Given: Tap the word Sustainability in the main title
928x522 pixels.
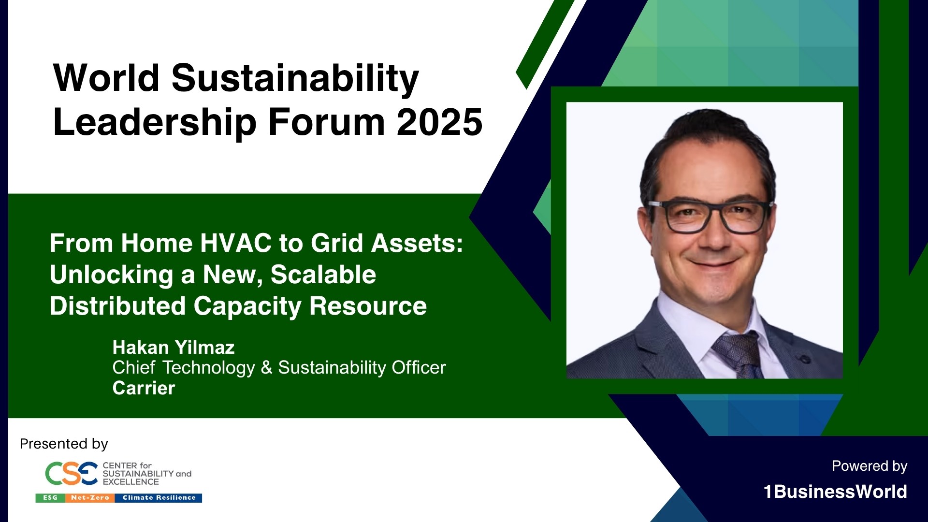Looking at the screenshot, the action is click(x=295, y=79).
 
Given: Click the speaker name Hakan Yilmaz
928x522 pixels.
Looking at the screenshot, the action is click(x=174, y=347).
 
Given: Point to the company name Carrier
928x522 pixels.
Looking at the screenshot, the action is click(x=144, y=388).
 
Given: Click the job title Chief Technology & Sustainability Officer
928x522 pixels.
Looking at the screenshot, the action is click(x=279, y=367).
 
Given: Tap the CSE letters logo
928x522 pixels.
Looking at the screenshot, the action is click(x=72, y=473).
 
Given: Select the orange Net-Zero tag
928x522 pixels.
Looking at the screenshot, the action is click(x=90, y=498).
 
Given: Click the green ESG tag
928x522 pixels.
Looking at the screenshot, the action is click(x=50, y=498).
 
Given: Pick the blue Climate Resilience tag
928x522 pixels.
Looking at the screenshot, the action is click(x=159, y=498).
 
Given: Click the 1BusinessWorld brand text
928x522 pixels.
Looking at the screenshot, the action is click(x=835, y=492).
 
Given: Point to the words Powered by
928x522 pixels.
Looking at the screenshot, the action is click(x=870, y=466).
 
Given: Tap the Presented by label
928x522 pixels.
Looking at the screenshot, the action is click(x=64, y=444).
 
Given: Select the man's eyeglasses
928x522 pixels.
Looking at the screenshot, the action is click(x=709, y=217).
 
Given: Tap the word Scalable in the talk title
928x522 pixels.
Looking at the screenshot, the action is click(x=323, y=275).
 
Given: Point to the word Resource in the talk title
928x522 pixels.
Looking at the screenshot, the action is click(x=368, y=306).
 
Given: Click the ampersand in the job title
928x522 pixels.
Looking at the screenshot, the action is click(x=266, y=367).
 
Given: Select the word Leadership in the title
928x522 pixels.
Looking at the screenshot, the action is click(x=155, y=122).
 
